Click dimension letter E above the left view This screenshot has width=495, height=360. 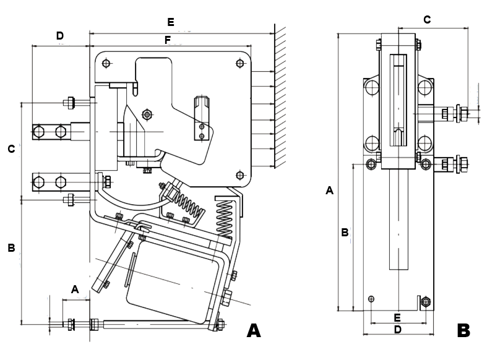coord(171,22)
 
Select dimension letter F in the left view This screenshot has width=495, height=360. coord(168,40)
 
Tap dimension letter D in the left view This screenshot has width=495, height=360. coord(60,36)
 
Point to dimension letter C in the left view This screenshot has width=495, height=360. coord(11,149)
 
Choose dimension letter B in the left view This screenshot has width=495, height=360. coord(11,248)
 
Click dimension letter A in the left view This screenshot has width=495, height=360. coord(75,289)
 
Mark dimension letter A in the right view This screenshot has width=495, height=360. coord(329,191)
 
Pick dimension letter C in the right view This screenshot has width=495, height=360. coord(427,20)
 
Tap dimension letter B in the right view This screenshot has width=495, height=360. coord(345,233)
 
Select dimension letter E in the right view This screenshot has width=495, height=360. coord(398,317)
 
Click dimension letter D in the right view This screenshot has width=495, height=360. coord(398,330)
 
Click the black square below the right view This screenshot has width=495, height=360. coord(464,330)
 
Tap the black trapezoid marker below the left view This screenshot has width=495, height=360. coord(254,330)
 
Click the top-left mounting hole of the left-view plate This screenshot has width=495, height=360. coord(107,63)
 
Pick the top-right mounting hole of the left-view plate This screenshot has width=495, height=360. coord(240,62)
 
